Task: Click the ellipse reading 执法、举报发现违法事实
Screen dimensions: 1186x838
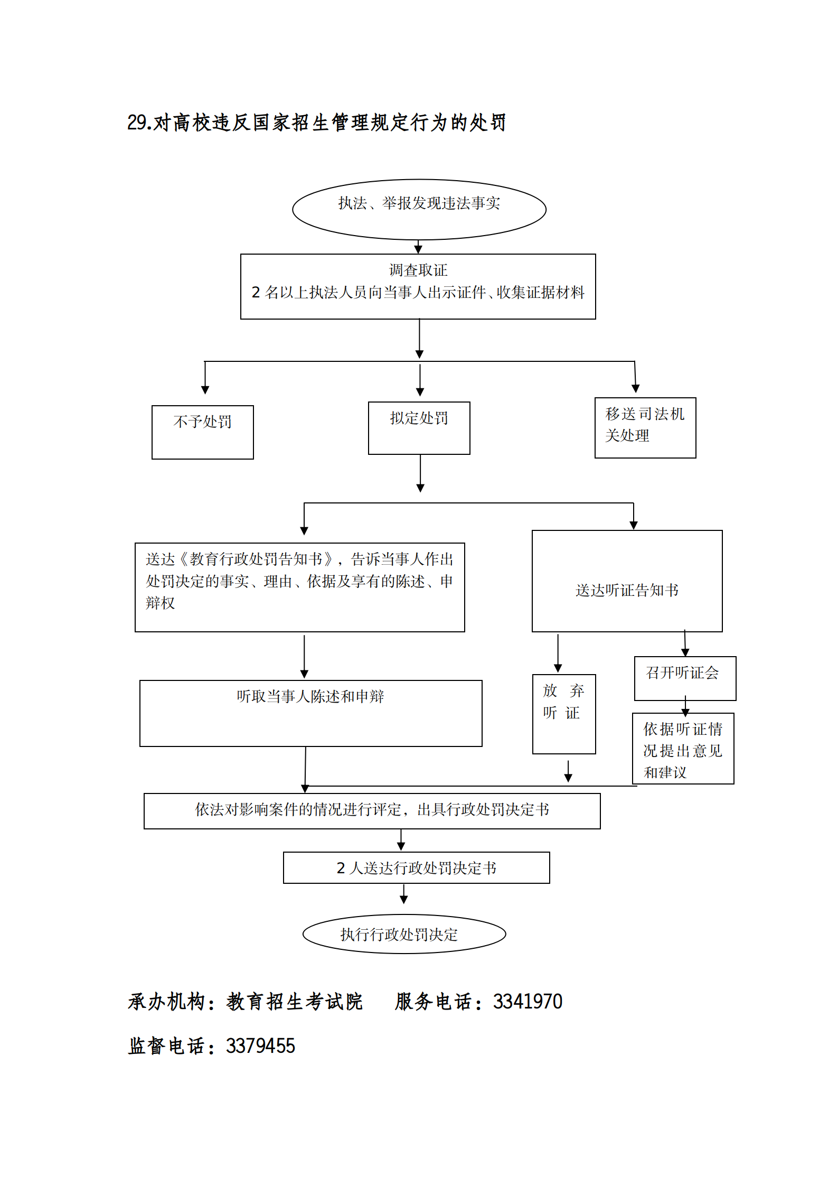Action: coord(419,209)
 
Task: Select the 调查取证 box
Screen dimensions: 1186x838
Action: coord(418,286)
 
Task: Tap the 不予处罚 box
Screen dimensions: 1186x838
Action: coord(202,432)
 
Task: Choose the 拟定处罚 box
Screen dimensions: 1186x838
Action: coord(419,428)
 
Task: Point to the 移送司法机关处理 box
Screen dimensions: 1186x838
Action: coord(645,427)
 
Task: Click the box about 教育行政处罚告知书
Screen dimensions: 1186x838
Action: coord(299,587)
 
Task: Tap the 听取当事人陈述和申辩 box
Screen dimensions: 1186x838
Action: coord(310,713)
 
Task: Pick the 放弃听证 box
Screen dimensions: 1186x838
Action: coord(563,714)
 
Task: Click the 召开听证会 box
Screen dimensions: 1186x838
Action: coord(685,678)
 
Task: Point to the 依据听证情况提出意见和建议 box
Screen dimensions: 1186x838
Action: coord(683,749)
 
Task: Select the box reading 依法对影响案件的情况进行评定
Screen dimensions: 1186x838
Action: coord(372,811)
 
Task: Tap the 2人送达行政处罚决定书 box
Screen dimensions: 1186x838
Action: coord(416,867)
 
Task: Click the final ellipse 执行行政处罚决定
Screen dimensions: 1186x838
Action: coord(404,934)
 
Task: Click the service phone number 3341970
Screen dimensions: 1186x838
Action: coord(528,1002)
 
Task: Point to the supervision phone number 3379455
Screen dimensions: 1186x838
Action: coord(260,1046)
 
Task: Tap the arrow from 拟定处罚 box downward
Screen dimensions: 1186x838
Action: coord(420,473)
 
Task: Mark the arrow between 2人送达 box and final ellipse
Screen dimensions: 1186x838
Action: coord(404,893)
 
